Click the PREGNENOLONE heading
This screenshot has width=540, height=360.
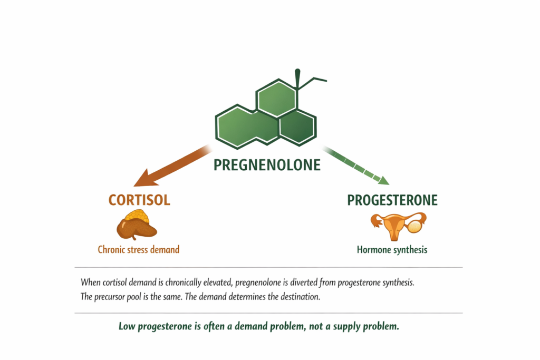(x=267, y=165)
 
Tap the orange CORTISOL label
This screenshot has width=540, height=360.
(x=139, y=200)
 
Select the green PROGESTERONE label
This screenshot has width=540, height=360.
(x=392, y=200)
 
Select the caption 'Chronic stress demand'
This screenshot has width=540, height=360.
(x=139, y=249)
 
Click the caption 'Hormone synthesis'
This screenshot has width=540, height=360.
(x=392, y=249)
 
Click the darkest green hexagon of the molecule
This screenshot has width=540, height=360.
(x=297, y=127)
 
